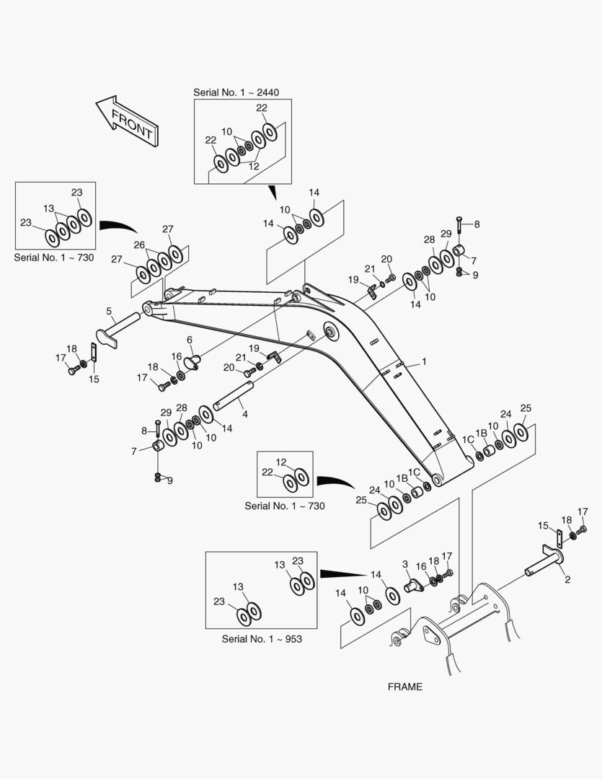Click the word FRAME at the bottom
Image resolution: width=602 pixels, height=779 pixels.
[404, 687]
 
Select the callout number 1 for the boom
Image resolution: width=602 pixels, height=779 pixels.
[424, 361]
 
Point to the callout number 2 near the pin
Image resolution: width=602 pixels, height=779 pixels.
[567, 579]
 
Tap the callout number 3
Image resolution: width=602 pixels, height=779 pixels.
[405, 563]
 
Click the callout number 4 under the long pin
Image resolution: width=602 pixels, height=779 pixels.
[245, 415]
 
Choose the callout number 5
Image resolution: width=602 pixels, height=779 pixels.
[109, 312]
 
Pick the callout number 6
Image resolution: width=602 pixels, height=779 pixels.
[190, 339]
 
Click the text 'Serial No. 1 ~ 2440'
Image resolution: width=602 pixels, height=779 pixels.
[236, 92]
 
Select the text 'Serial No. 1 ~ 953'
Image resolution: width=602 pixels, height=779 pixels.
[262, 639]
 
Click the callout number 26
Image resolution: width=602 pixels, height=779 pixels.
[138, 245]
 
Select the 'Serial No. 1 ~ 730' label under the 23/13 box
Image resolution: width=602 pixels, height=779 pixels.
[54, 258]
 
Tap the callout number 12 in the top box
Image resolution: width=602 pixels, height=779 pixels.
[254, 166]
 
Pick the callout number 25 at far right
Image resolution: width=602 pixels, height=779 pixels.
[526, 408]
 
